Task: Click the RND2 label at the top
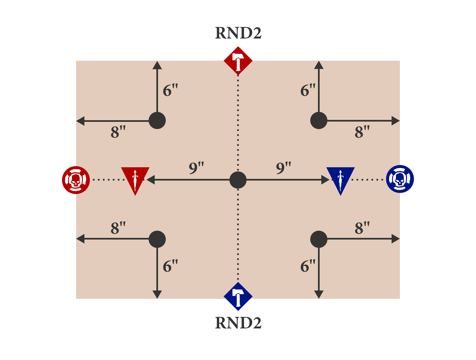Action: (238, 33)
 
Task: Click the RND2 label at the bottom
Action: (238, 323)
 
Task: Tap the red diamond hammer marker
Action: (238, 61)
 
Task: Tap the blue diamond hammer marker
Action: (238, 296)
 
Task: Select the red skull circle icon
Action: (76, 180)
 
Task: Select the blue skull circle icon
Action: (400, 179)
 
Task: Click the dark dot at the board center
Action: (238, 180)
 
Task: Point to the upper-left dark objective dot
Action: (157, 120)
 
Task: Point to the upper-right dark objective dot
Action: (319, 120)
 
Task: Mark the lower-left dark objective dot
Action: (157, 239)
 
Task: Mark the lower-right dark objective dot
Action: (319, 239)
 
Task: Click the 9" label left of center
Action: (196, 168)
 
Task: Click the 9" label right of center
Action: (284, 168)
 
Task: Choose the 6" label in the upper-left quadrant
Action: (170, 90)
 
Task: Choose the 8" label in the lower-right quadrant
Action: (362, 228)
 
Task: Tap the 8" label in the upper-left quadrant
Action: (118, 132)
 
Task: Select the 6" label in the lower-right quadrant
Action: (308, 266)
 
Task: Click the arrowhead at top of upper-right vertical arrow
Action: (319, 65)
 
